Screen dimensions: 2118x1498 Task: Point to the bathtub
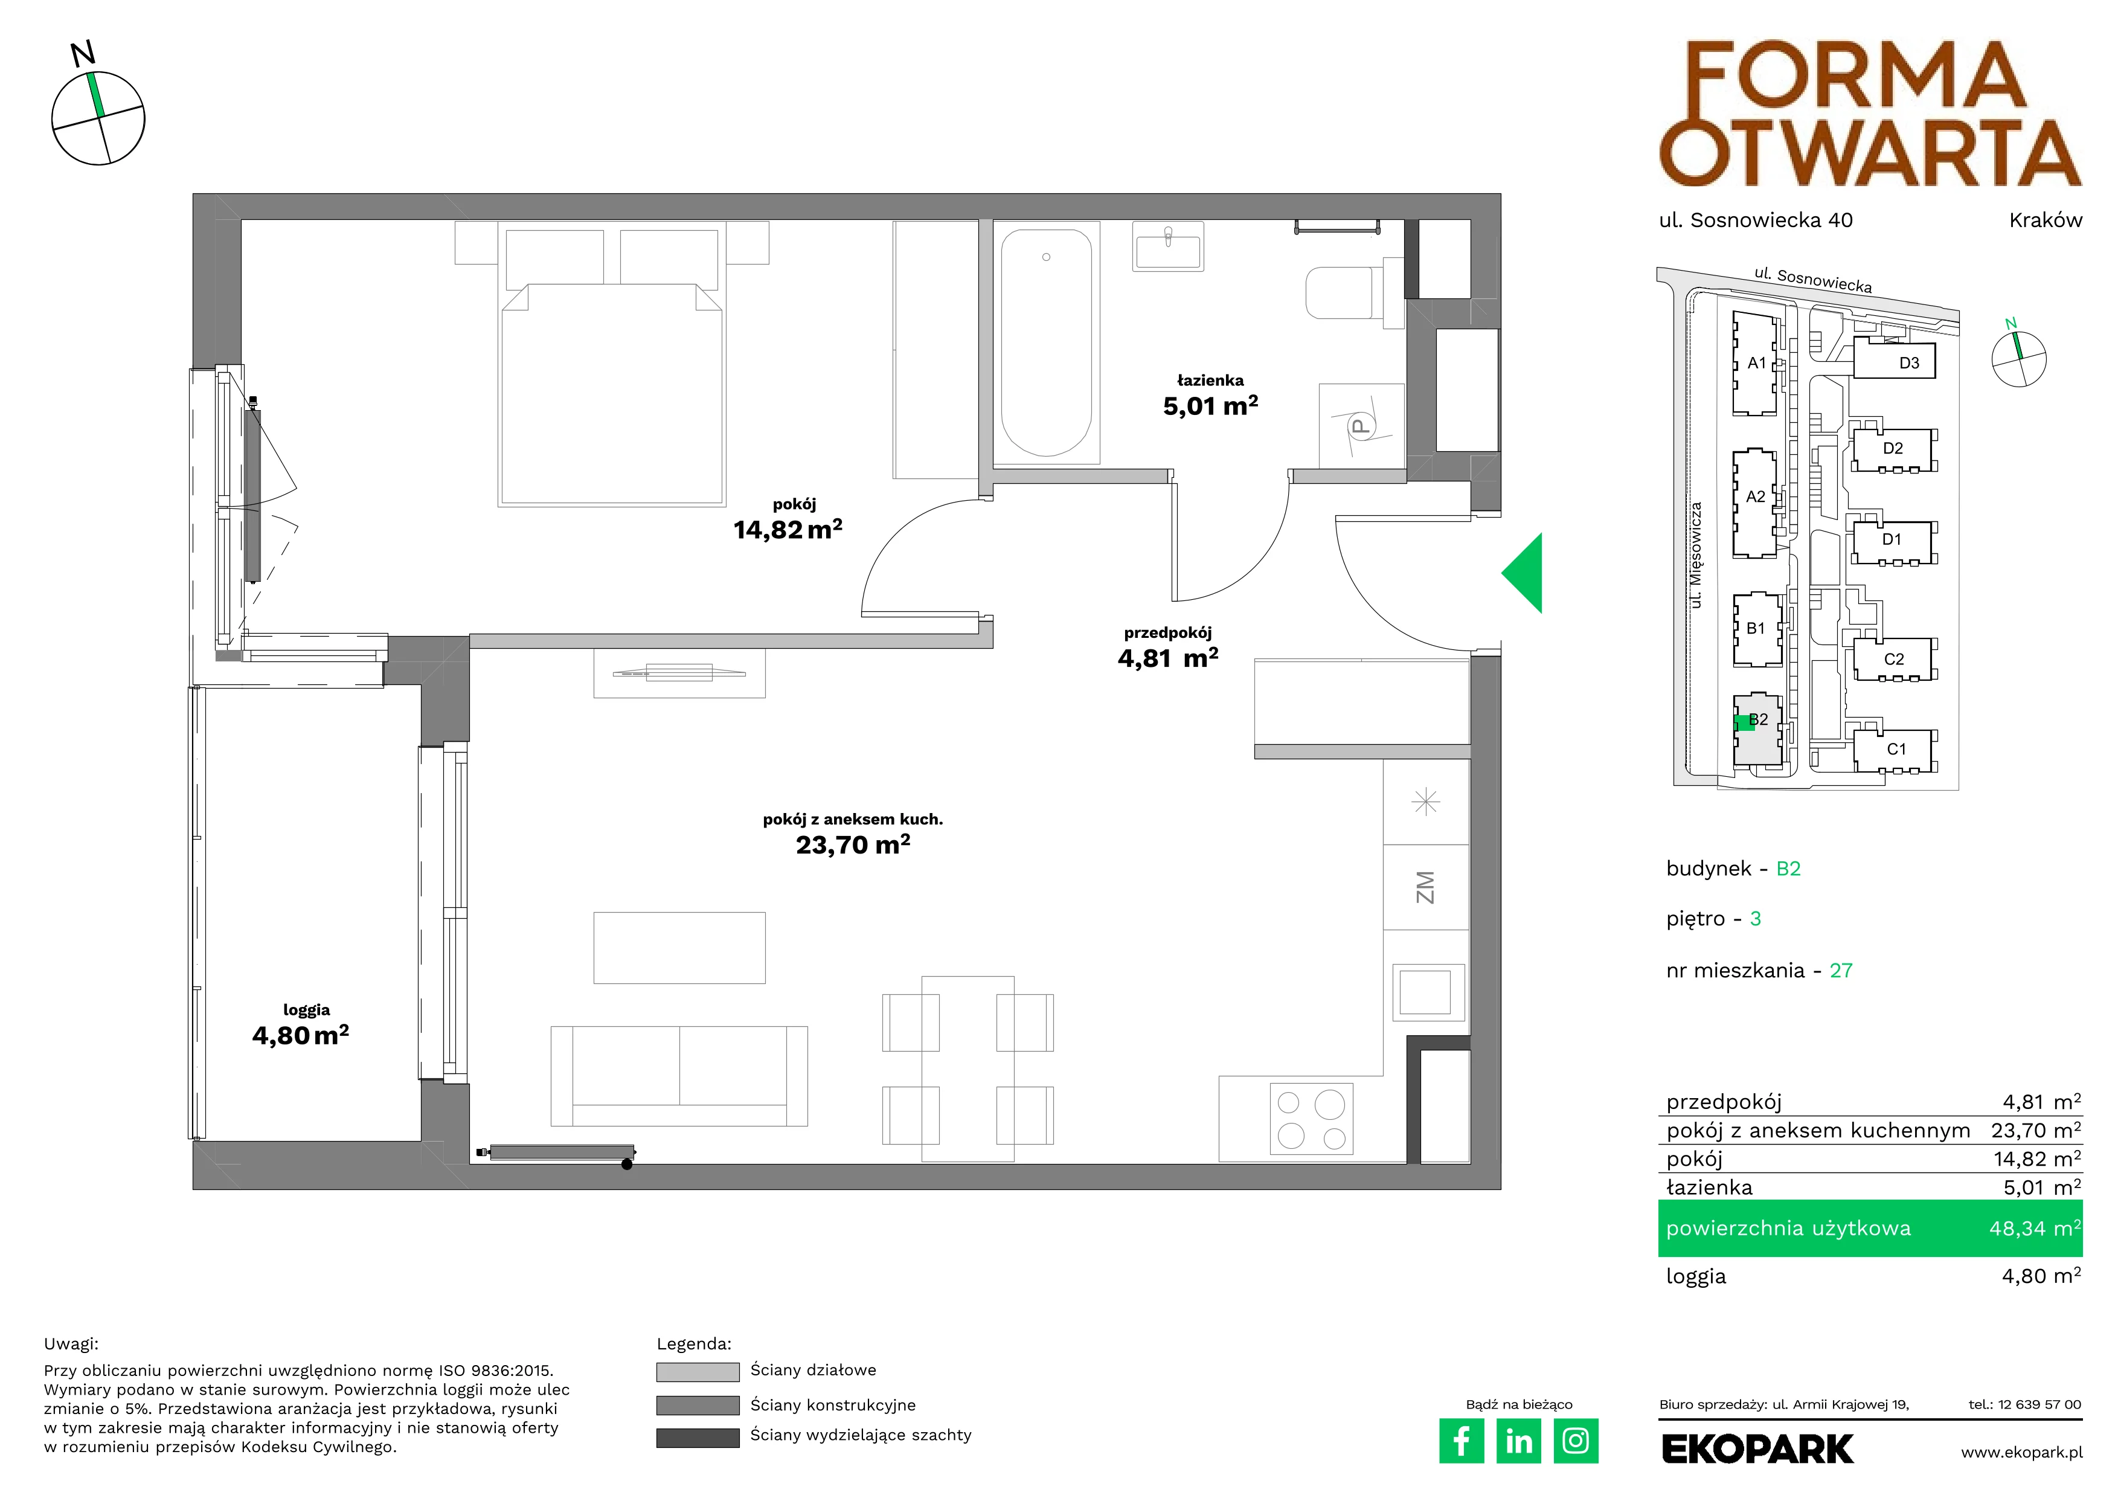(1046, 342)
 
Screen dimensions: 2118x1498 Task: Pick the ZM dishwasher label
(1425, 887)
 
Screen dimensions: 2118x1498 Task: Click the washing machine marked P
(1361, 426)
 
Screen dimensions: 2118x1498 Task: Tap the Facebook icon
(1461, 1441)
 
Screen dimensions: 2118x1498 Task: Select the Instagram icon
(1576, 1441)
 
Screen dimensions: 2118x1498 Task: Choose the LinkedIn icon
(1518, 1441)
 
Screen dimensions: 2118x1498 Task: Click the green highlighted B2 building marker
(1744, 723)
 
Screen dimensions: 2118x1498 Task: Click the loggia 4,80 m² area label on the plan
(301, 1035)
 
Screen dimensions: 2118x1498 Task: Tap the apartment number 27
(1841, 971)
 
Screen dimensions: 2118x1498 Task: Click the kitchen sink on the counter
(1425, 992)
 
